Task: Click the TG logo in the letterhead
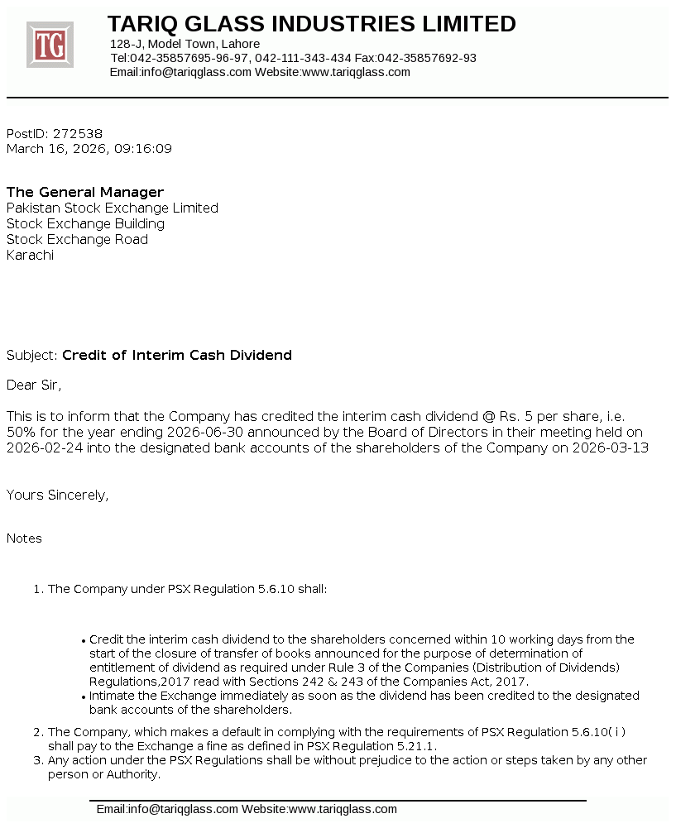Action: tap(50, 45)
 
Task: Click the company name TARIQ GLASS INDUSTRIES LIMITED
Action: tap(311, 24)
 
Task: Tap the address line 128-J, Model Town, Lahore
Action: tap(185, 44)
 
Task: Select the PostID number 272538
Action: tap(78, 133)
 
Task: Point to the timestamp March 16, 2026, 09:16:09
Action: tap(89, 149)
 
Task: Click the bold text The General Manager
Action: tap(85, 193)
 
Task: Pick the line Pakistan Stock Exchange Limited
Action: tap(113, 208)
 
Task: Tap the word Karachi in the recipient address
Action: tap(30, 256)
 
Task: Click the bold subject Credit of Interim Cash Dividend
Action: tap(177, 356)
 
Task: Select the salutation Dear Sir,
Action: tap(34, 385)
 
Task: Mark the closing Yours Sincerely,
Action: tap(58, 495)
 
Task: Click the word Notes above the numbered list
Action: tap(24, 538)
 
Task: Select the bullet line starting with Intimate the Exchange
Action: tap(364, 696)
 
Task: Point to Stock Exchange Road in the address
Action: tap(78, 240)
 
